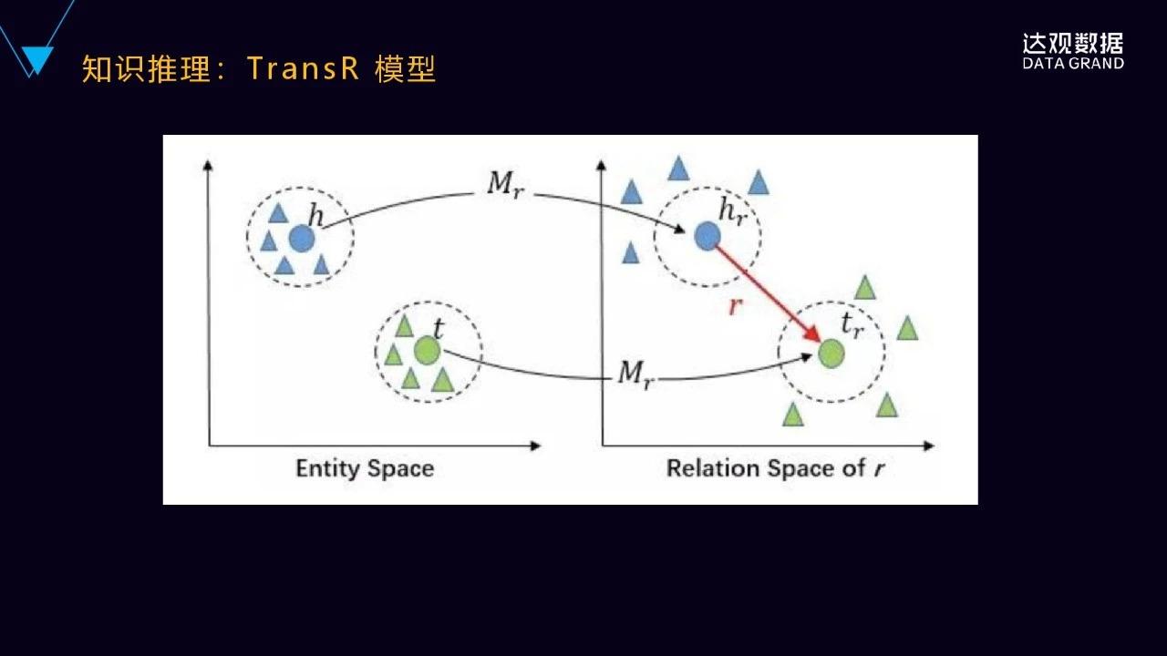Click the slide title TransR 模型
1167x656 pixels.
[x=341, y=69]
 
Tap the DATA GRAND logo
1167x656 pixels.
[x=1073, y=52]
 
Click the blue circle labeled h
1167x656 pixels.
[x=301, y=239]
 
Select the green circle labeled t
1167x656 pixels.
[x=427, y=350]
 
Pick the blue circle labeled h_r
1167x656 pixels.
[x=707, y=237]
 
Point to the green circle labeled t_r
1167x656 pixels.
[x=831, y=353]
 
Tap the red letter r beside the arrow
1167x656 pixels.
[x=735, y=306]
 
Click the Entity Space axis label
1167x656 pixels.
[x=365, y=469]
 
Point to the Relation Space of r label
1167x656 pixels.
[x=776, y=469]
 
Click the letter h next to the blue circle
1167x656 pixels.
[x=315, y=216]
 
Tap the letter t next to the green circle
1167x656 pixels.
[x=438, y=328]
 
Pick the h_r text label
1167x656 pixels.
[x=732, y=211]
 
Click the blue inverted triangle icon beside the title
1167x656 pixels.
[x=36, y=60]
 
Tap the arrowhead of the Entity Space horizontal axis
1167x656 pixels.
[x=535, y=446]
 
